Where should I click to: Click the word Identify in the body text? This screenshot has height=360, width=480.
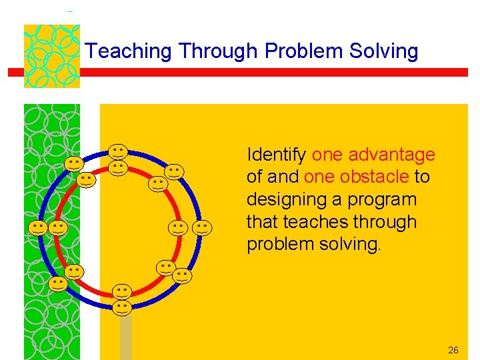pyautogui.click(x=277, y=155)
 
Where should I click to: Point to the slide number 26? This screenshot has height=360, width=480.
pyautogui.click(x=453, y=350)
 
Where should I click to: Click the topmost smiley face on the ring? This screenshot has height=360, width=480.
pyautogui.click(x=119, y=151)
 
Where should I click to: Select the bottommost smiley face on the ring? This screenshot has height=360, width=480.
pyautogui.click(x=121, y=307)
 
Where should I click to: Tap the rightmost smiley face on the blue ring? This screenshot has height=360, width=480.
pyautogui.click(x=203, y=228)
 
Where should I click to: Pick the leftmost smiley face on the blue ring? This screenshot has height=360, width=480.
pyautogui.click(x=38, y=228)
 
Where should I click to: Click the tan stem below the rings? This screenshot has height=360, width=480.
pyautogui.click(x=125, y=337)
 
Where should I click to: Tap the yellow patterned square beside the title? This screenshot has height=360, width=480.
pyautogui.click(x=52, y=56)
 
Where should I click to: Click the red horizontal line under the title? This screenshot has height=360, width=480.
pyautogui.click(x=267, y=72)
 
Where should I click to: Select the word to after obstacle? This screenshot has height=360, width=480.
pyautogui.click(x=422, y=177)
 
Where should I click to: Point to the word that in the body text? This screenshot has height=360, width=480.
pyautogui.click(x=265, y=222)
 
